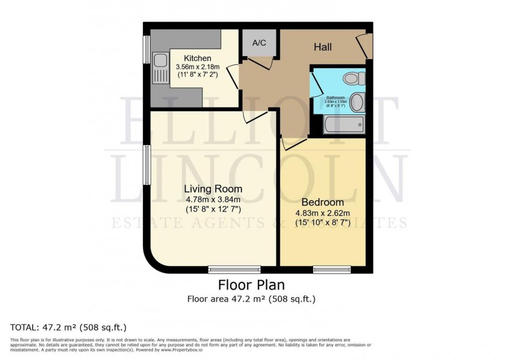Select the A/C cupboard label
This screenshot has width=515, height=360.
(x=259, y=43)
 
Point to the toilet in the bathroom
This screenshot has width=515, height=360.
(x=352, y=78)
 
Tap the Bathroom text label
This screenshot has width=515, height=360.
(x=335, y=97)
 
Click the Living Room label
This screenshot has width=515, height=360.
(x=213, y=189)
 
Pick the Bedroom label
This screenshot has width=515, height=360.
(x=322, y=202)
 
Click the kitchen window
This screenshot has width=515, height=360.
(x=146, y=49)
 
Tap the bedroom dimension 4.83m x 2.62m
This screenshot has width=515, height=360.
(x=322, y=213)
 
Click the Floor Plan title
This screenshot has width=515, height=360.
(x=251, y=285)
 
